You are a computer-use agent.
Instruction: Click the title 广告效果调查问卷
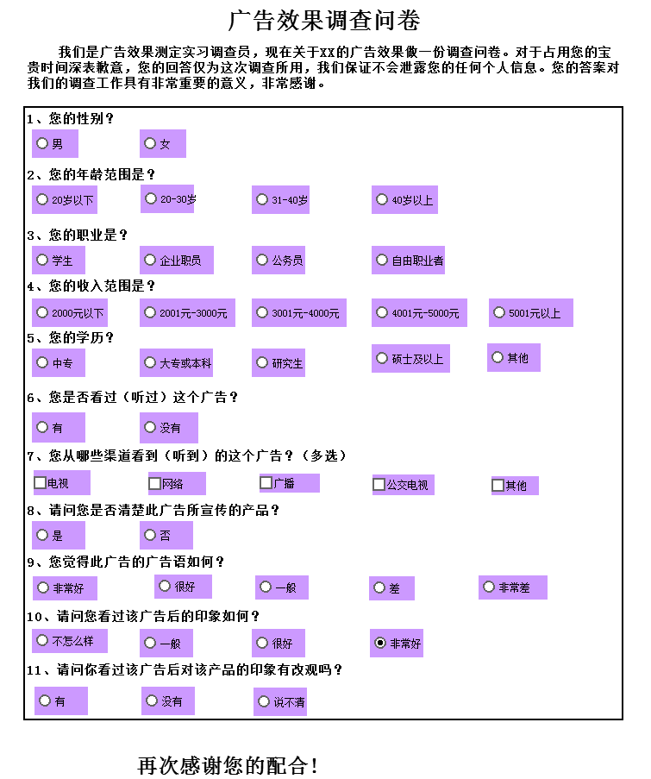tap(324, 21)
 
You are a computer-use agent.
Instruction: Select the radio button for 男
tap(42, 143)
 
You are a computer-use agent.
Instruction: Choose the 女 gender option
tap(149, 143)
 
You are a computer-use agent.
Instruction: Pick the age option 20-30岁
tap(150, 198)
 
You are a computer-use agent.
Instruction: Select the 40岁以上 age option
tap(381, 199)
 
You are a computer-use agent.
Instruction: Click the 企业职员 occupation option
tap(149, 260)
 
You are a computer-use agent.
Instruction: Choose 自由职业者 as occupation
tap(381, 260)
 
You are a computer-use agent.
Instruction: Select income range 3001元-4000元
tap(261, 312)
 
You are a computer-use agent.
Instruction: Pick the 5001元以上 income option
tap(498, 312)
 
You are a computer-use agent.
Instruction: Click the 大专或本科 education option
tap(149, 362)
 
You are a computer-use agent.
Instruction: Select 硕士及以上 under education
tap(381, 358)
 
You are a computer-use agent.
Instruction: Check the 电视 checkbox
tap(40, 482)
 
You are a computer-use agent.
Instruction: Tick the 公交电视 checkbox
tap(379, 484)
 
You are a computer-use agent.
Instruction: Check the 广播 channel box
tap(266, 482)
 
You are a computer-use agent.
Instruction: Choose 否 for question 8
tap(149, 535)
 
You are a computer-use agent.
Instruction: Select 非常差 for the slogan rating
tap(489, 587)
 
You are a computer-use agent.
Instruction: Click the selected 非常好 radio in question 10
tap(380, 643)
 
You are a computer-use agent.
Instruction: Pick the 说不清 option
tap(263, 701)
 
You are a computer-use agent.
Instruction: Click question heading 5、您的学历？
tap(70, 338)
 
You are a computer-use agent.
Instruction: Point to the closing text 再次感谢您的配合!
tap(227, 764)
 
